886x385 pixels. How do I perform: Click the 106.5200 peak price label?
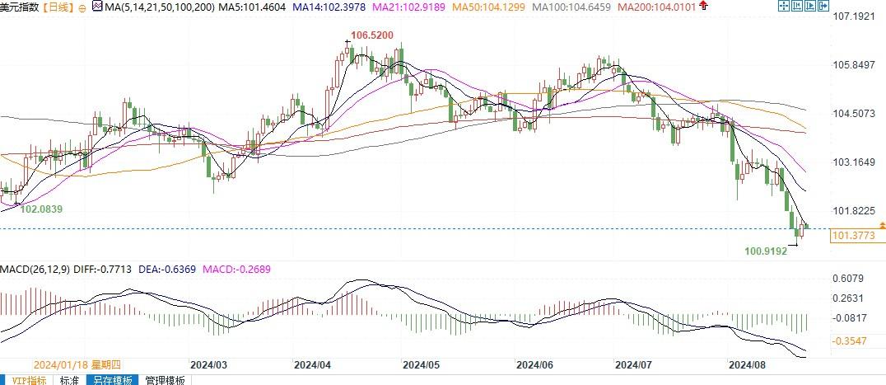(365, 35)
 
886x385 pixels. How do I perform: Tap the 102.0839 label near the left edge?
(41, 209)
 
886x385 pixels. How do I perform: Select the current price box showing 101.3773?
(852, 237)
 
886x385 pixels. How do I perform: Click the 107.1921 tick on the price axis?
(852, 16)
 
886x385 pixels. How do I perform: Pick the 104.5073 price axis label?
(852, 113)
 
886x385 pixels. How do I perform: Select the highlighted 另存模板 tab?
(112, 380)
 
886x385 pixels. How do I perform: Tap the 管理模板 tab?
(166, 380)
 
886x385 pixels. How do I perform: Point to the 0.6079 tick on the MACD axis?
(849, 279)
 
